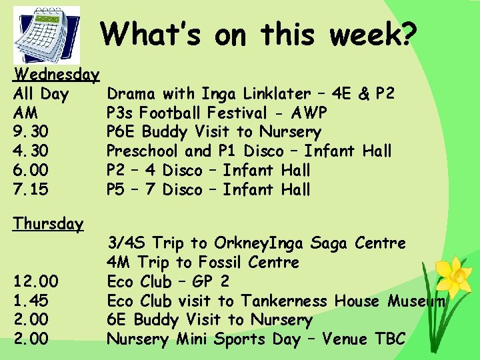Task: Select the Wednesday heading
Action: tap(57, 73)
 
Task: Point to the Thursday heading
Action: tap(49, 223)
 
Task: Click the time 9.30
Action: tap(31, 132)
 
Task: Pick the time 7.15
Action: tap(31, 190)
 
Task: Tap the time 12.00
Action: tap(36, 281)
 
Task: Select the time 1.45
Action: tap(31, 301)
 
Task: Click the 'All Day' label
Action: tap(41, 93)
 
